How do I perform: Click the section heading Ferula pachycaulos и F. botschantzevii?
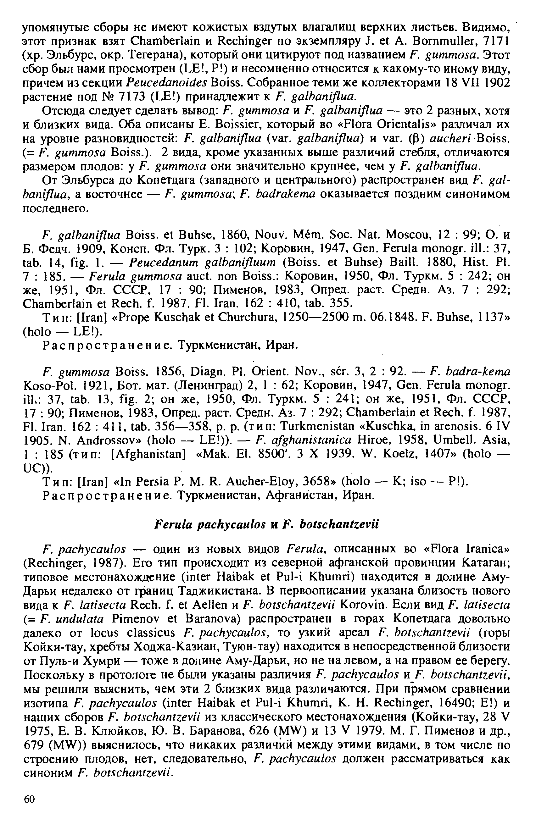tap(266, 524)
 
